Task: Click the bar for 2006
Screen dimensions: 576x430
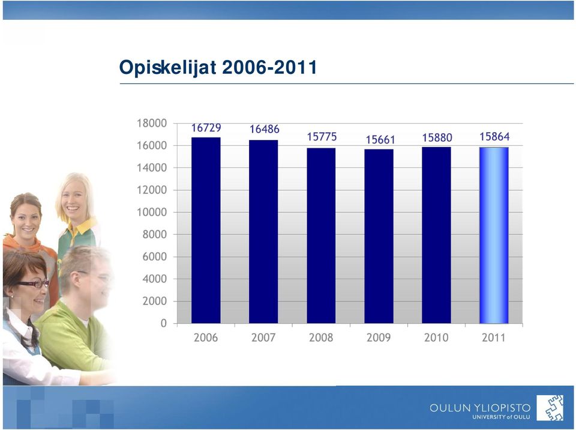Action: click(206, 230)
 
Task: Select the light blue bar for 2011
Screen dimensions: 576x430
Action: click(494, 235)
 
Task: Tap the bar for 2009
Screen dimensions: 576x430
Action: click(379, 236)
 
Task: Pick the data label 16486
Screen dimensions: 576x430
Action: click(265, 129)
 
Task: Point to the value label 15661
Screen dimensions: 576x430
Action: click(380, 140)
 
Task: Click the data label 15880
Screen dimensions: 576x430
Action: click(437, 138)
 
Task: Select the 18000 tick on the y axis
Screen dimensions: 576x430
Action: click(152, 123)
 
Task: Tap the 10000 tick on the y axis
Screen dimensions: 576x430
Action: click(152, 212)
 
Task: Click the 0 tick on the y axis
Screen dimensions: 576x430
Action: click(164, 323)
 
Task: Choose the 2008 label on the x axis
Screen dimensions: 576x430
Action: click(321, 338)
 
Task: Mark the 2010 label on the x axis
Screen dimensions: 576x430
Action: click(436, 338)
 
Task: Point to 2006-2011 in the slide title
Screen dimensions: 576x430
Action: click(269, 67)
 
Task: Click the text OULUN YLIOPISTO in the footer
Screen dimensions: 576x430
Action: click(480, 408)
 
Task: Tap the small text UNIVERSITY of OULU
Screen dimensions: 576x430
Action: click(501, 417)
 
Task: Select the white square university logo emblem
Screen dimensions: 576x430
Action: click(550, 408)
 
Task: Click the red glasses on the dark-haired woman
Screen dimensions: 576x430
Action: click(32, 283)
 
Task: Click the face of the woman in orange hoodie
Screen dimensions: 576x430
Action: click(26, 220)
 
